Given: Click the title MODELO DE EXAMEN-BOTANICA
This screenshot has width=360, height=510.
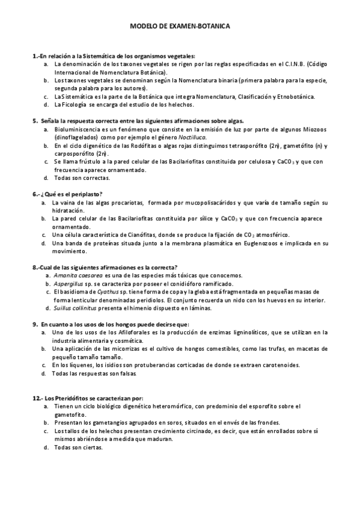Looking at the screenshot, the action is pyautogui.click(x=180, y=27).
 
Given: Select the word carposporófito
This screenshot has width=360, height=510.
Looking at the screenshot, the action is pyautogui.click(x=75, y=153).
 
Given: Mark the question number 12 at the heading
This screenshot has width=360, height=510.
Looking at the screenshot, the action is pyautogui.click(x=35, y=398).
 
